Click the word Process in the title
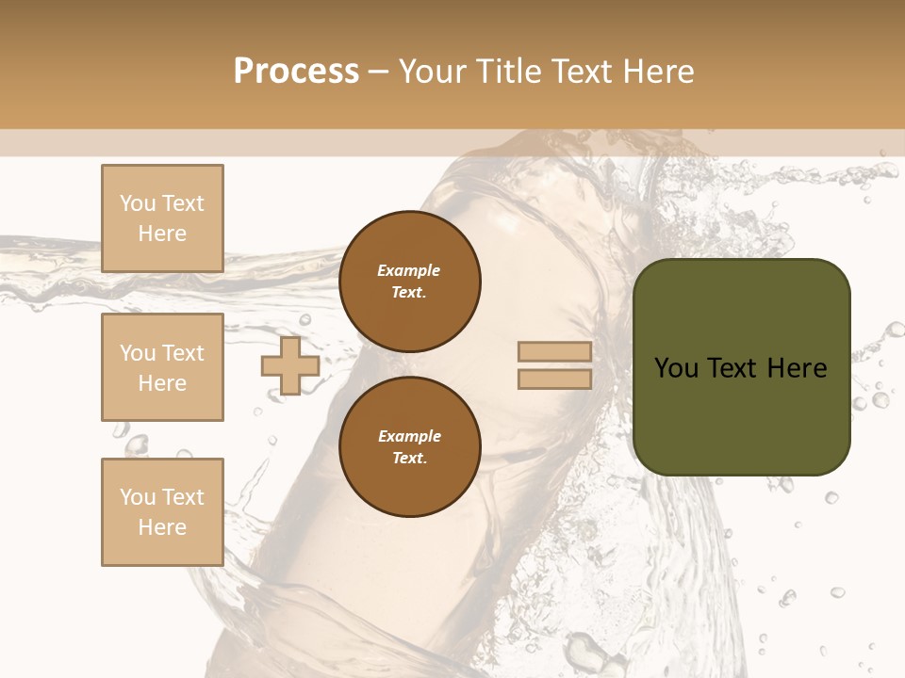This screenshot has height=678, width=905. coord(296,72)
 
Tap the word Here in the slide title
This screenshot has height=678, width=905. coord(656,72)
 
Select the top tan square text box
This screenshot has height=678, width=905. coord(162,218)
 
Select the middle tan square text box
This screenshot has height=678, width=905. coord(162,367)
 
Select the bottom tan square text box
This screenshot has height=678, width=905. coord(162,511)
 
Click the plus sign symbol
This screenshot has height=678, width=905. coord(290,365)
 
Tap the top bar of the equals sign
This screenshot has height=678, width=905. coord(554,352)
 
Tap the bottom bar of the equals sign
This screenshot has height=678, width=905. coord(554,379)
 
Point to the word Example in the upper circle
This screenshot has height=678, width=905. coord(408,270)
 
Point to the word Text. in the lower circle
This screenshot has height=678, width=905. coord(409,458)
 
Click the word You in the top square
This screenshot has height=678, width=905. coord(138,203)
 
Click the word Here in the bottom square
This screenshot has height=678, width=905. coord(162,527)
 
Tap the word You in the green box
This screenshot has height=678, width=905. coord(677,368)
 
